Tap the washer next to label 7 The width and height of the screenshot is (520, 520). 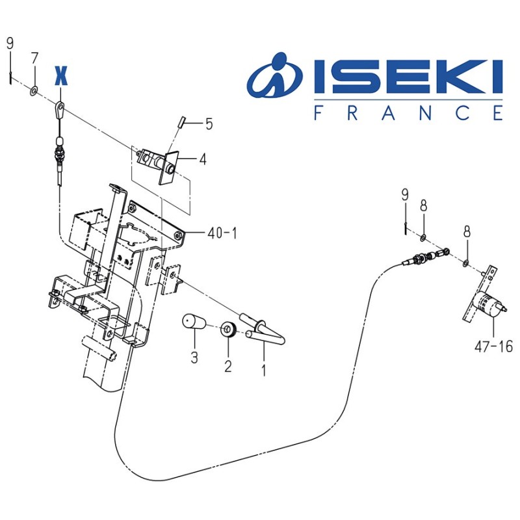(33, 89)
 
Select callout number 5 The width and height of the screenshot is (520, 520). (209, 123)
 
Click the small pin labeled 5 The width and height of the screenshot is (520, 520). (183, 121)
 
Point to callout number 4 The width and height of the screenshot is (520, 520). (203, 159)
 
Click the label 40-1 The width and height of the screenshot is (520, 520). (222, 232)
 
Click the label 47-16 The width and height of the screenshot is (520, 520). (493, 347)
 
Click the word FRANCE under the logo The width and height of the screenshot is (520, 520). (408, 112)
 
